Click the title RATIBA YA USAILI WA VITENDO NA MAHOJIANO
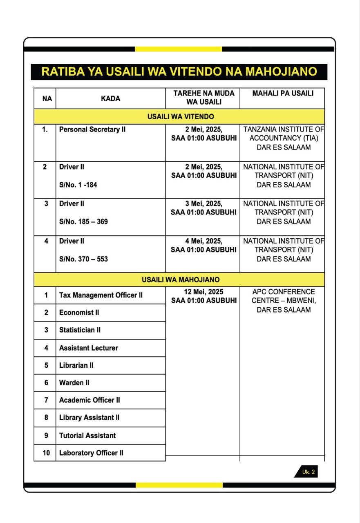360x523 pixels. coord(179,72)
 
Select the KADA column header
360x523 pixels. coord(110,98)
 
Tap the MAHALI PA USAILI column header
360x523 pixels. coord(283,94)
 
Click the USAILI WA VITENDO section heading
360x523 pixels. coord(180,117)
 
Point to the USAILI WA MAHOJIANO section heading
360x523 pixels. coord(180,280)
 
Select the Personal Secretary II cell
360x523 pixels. coord(92,130)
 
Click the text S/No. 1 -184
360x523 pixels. coord(78,185)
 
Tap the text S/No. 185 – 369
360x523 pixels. coord(83,222)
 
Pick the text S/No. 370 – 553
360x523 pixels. coord(83,259)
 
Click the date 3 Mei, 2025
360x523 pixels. coord(203,203)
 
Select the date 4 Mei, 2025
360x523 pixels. coord(203,241)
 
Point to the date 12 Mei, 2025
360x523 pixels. coord(203,292)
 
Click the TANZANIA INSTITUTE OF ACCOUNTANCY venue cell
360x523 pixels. coord(283,139)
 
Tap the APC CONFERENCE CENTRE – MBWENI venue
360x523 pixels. coord(283,301)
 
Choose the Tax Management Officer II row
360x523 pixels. coord(101,295)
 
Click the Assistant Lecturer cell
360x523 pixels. coord(88,348)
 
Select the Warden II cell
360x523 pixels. coord(74,383)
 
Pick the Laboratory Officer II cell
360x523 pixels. coord(91,453)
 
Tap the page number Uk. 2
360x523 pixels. coord(308,472)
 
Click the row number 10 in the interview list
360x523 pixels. coord(46,453)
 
